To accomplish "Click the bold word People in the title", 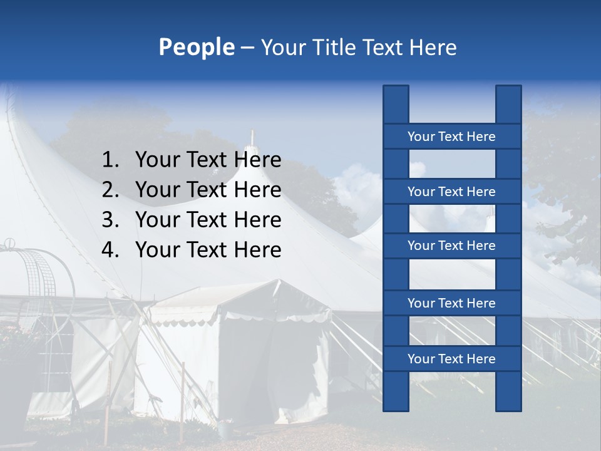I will coord(196,47).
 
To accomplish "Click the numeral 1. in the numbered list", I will coord(110,160).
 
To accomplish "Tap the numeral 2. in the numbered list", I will coord(110,190).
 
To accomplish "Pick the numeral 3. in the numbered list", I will coord(110,220).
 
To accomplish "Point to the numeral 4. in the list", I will coord(110,250).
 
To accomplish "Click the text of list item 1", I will coord(208,160).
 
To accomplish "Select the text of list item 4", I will coord(208,250).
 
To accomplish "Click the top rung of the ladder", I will coord(451,137).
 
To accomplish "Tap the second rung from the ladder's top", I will coord(451,192).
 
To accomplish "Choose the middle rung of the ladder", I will coord(451,246).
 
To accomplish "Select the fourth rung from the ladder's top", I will coord(451,303).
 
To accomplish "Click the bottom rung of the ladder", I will coord(451,359).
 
